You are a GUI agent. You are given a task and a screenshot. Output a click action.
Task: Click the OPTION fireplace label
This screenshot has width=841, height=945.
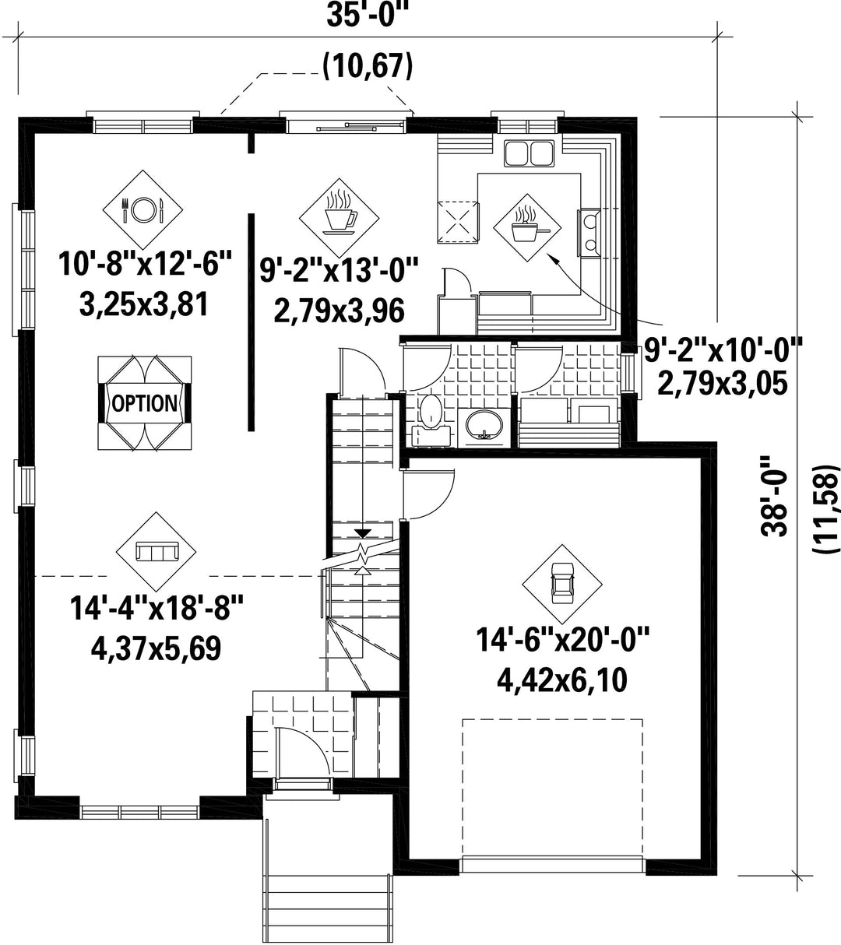pos(145,403)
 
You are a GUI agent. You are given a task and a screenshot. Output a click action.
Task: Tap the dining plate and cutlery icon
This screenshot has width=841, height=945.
pos(143,209)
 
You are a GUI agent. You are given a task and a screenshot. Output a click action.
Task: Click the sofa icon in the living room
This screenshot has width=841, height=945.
pos(156,552)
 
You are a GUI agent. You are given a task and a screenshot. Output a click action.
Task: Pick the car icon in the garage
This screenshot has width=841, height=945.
pos(562,584)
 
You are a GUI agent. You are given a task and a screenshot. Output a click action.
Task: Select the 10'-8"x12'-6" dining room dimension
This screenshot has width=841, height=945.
pos(146,265)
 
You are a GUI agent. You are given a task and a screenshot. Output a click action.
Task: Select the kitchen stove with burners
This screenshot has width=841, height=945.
pos(589,233)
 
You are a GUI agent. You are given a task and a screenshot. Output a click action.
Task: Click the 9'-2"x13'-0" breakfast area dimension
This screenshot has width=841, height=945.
pos(339,271)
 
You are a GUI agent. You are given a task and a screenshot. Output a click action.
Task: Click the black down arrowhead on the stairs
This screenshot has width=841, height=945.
pos(363,533)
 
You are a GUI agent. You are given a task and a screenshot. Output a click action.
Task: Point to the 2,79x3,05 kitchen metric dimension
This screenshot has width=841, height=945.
pos(723,384)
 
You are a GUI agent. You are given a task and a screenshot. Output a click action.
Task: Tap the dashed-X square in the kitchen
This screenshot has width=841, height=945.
pos(458,222)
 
